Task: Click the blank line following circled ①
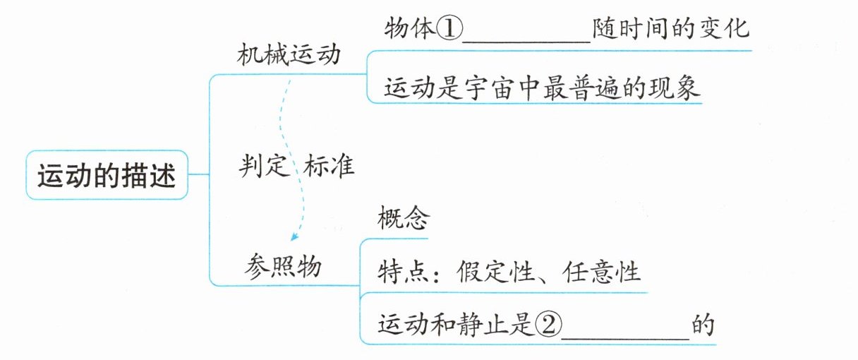[x=526, y=39]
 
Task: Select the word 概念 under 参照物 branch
[x=403, y=219]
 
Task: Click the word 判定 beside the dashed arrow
[x=264, y=166]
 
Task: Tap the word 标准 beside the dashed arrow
[x=329, y=166]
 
